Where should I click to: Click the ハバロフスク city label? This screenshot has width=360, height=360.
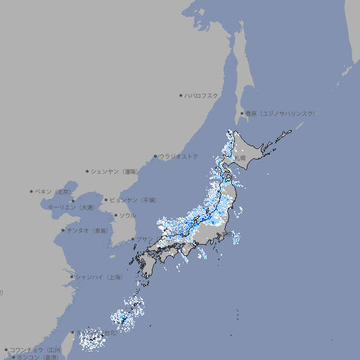[x=201, y=95]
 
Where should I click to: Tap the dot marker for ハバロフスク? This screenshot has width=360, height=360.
[x=181, y=95]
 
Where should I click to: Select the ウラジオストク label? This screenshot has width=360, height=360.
[x=179, y=156]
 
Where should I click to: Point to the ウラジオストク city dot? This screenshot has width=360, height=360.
[x=155, y=156]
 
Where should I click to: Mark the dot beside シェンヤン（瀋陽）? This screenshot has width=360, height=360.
[x=88, y=171]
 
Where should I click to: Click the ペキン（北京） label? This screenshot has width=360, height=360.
[x=53, y=191]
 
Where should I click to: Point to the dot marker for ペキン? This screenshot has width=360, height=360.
[x=32, y=191]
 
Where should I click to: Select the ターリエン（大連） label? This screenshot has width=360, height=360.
[x=70, y=207]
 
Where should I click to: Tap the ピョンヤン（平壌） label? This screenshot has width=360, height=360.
[x=133, y=200]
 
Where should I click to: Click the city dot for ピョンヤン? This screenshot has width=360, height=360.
[x=106, y=200]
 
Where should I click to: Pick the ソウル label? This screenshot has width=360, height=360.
[x=127, y=215]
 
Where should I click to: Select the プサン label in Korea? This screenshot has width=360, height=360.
[x=144, y=240]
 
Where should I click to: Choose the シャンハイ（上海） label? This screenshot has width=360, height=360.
[x=98, y=277]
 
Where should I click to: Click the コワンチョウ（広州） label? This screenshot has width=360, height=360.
[x=36, y=349]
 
